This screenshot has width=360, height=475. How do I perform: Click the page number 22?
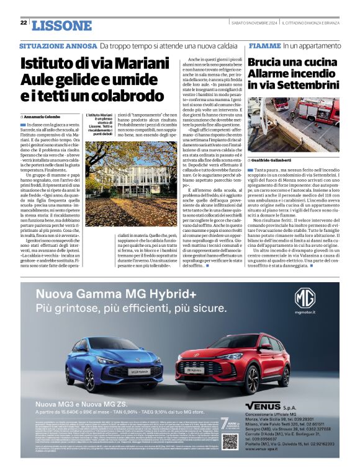[24, 23]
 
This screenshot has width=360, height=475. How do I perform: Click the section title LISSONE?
[61, 25]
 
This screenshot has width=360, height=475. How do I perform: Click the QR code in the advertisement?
[230, 440]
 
